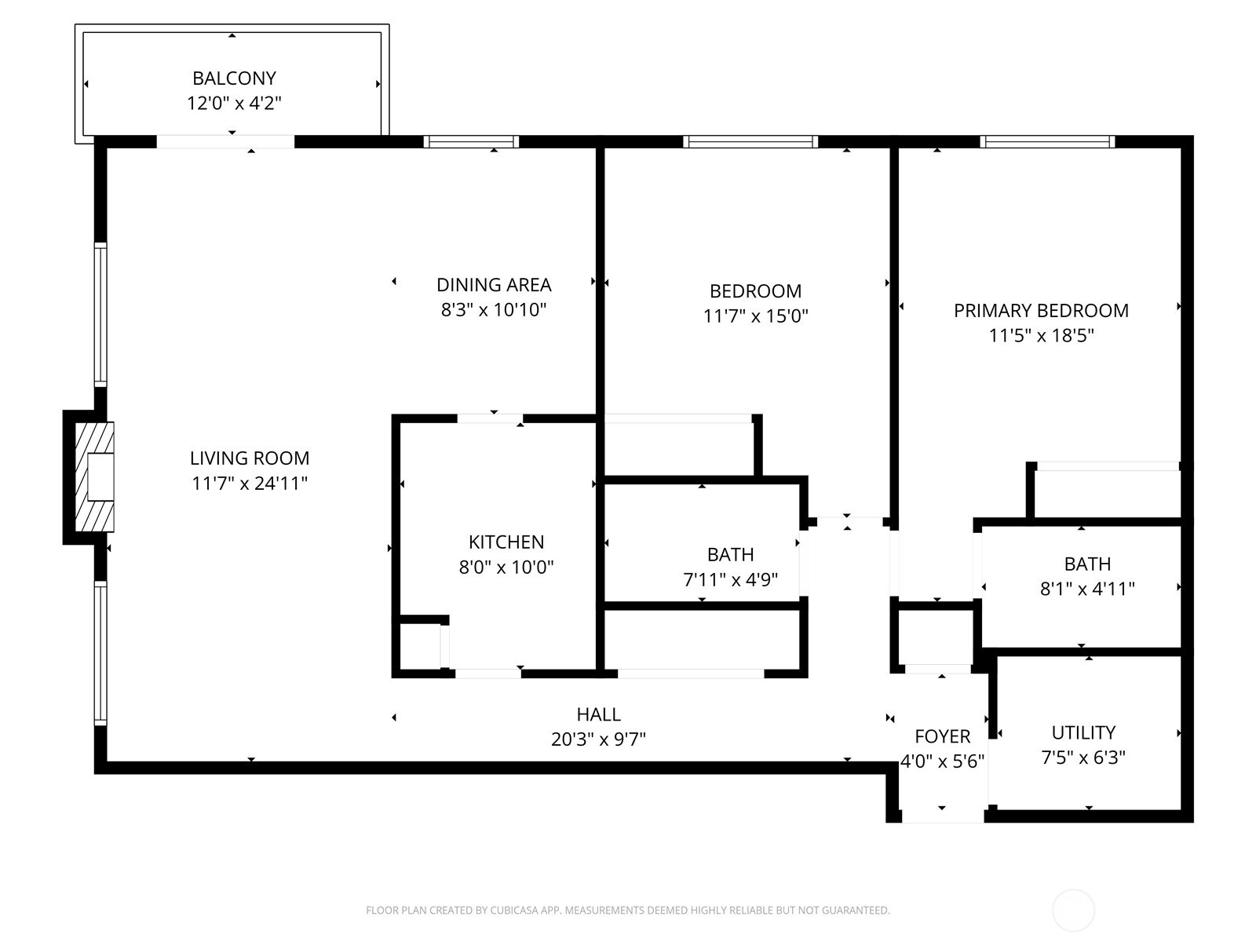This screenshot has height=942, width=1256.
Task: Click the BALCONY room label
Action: [234, 78]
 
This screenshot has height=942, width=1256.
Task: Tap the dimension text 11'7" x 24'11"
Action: [250, 483]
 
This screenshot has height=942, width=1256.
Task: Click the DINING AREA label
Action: [494, 285]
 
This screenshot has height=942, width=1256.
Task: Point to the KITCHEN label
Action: [506, 542]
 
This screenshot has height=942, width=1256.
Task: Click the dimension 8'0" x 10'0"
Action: [506, 567]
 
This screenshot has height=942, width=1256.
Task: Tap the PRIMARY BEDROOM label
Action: [1041, 311]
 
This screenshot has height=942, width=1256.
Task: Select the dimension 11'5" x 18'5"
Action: [1041, 336]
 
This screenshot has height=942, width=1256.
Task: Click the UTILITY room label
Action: [1083, 732]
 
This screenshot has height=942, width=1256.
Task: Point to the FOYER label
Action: [942, 736]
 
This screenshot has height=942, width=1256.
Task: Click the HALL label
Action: [598, 714]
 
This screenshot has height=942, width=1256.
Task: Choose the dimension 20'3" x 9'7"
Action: [598, 739]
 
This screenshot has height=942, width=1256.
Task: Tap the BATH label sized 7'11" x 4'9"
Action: [730, 555]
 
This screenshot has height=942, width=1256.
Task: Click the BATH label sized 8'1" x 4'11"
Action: [1087, 564]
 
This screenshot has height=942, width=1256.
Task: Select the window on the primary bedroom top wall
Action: [1046, 142]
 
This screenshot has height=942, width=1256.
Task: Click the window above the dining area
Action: [471, 142]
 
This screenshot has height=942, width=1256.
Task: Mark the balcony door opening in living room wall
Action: [225, 142]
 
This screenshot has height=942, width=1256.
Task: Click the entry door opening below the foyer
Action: [942, 816]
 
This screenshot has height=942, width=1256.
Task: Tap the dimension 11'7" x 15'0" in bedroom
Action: [755, 316]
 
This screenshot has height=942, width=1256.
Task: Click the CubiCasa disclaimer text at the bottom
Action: [627, 911]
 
